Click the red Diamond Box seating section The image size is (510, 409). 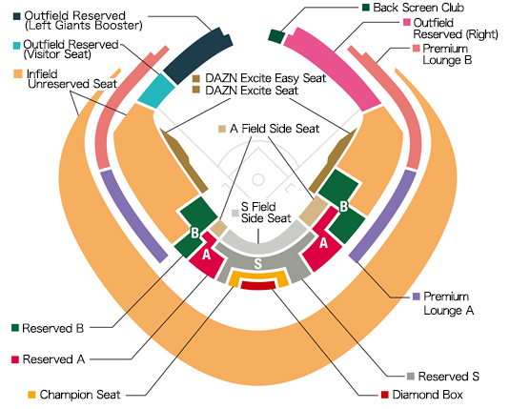click(x=258, y=285)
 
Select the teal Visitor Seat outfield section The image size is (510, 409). click(x=156, y=91)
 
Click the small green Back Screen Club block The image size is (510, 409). click(x=276, y=36)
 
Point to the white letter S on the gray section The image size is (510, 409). click(x=256, y=262)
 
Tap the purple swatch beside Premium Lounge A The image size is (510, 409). click(x=415, y=297)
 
